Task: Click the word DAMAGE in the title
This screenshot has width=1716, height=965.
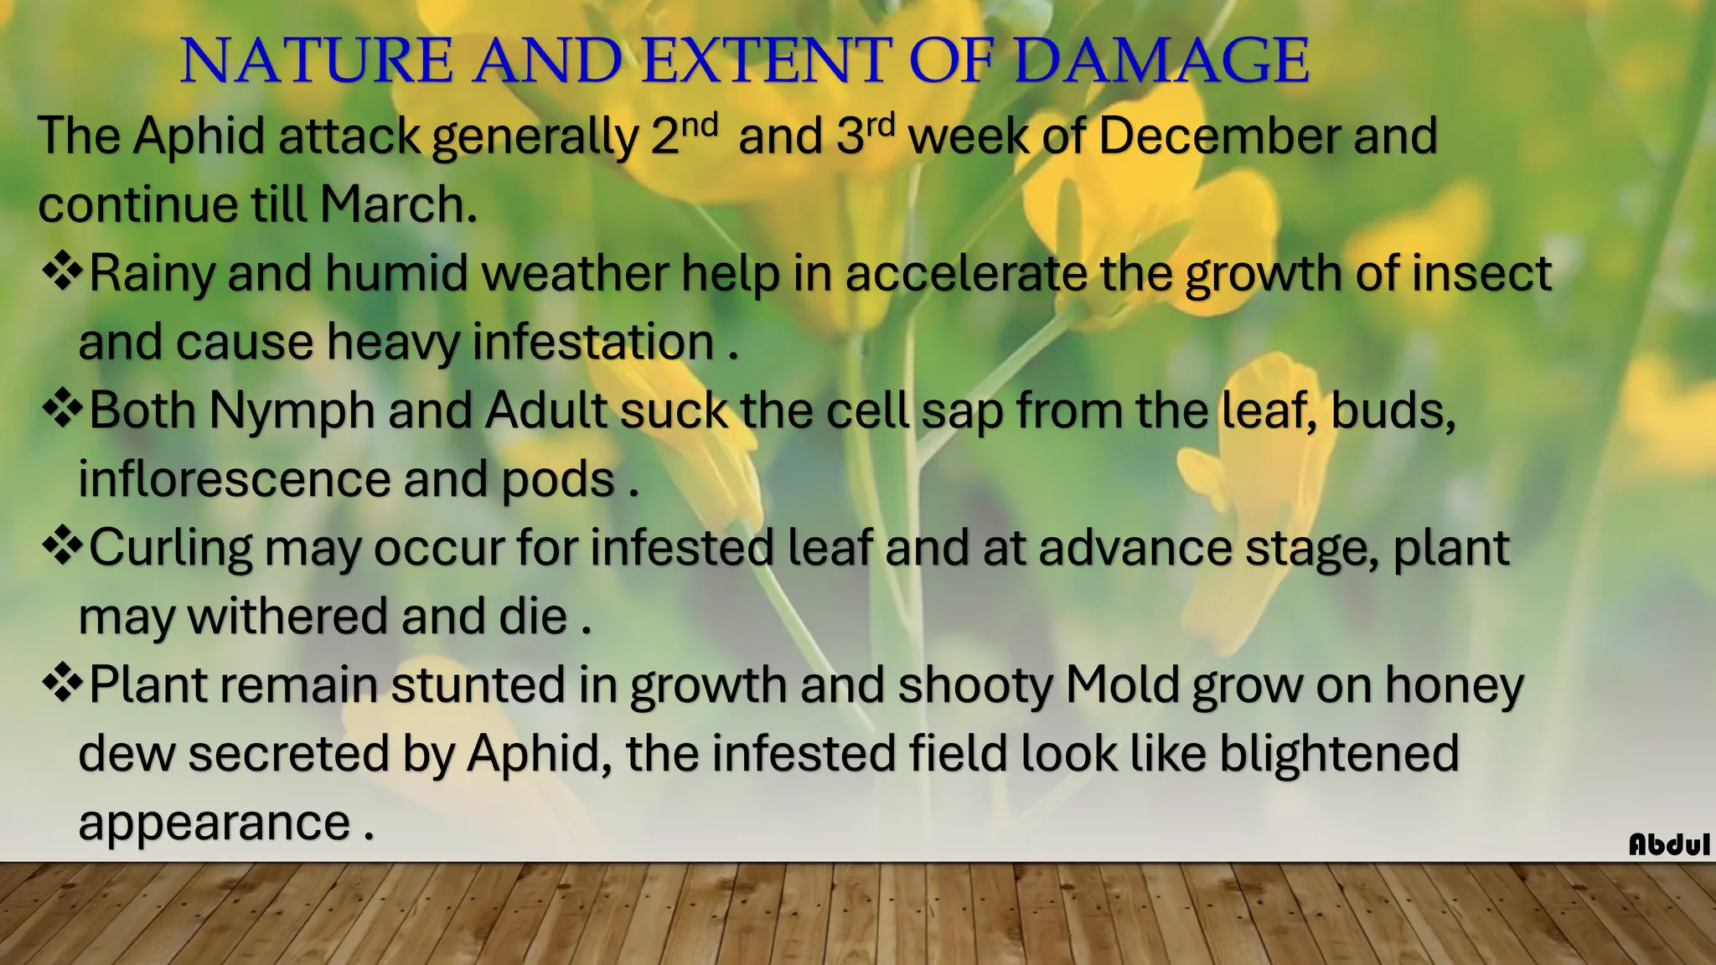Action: (1161, 62)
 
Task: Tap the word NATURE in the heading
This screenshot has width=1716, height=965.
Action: (317, 62)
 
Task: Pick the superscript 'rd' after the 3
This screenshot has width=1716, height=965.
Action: (881, 125)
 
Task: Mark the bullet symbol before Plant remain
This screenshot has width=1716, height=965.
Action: (62, 684)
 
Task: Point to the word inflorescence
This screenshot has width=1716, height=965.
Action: (234, 479)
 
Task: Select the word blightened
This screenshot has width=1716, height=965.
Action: (1339, 754)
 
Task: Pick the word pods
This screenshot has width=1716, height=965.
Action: (558, 481)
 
